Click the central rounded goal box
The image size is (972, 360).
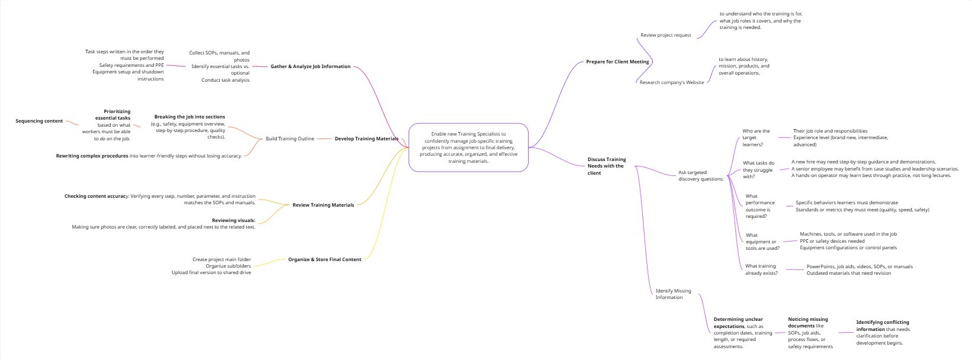pos(468,147)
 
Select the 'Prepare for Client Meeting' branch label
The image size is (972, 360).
pos(617,62)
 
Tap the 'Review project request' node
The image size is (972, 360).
pos(665,35)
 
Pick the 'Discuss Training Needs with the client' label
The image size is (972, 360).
pos(606,166)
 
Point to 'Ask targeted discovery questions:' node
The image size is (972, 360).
pos(701,176)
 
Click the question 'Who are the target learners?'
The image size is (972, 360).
pos(756,137)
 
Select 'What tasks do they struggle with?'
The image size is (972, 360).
pos(758,169)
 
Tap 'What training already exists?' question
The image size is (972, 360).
pos(761,269)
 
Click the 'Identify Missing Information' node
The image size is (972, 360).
pos(673,294)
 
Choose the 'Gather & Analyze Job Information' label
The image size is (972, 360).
pos(310,66)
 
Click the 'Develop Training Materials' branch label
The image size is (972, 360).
pos(366,139)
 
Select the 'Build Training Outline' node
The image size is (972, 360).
pos(289,139)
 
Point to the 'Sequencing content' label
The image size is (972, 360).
pos(39,121)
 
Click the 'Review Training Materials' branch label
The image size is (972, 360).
pos(323,205)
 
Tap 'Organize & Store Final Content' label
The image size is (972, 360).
pos(324,259)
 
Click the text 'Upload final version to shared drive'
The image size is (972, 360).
pos(211,272)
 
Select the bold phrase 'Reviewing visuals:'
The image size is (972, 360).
pos(233,220)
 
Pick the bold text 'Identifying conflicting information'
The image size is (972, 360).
pos(882,326)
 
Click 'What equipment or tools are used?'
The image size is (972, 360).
pos(762,242)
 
